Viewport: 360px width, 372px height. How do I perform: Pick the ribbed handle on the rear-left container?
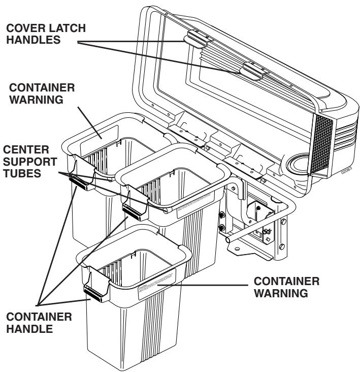click(x=81, y=181)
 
